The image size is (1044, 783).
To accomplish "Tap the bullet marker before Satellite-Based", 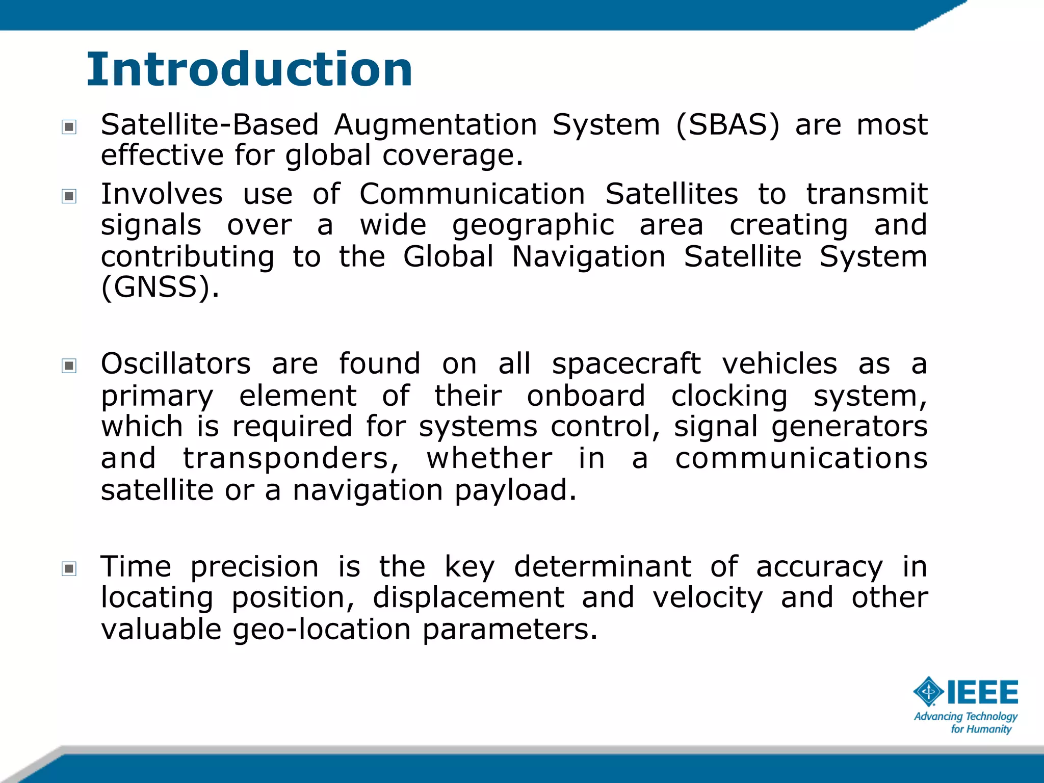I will coord(69,127).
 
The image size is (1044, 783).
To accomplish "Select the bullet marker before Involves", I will coord(69,196).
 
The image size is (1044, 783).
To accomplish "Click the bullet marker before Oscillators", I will coord(69,366).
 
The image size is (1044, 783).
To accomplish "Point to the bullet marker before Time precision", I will coord(69,568).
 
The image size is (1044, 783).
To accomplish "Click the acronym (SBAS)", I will coord(727,125).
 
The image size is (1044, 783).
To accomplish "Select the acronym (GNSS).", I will coord(160,288).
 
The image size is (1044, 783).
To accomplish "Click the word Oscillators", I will coord(175,364).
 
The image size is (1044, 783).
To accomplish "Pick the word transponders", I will coord(291,458).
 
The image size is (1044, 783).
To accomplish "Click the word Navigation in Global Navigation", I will coord(588,256).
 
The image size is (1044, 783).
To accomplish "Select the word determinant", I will coord(603,567).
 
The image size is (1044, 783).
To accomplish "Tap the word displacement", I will coord(468,598).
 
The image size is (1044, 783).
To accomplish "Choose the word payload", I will coord(515,490).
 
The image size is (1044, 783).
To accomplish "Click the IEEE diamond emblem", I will coord(929,692).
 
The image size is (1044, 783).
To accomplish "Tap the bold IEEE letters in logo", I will coord(982,692).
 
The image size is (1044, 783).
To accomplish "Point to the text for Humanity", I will coord(981,729).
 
